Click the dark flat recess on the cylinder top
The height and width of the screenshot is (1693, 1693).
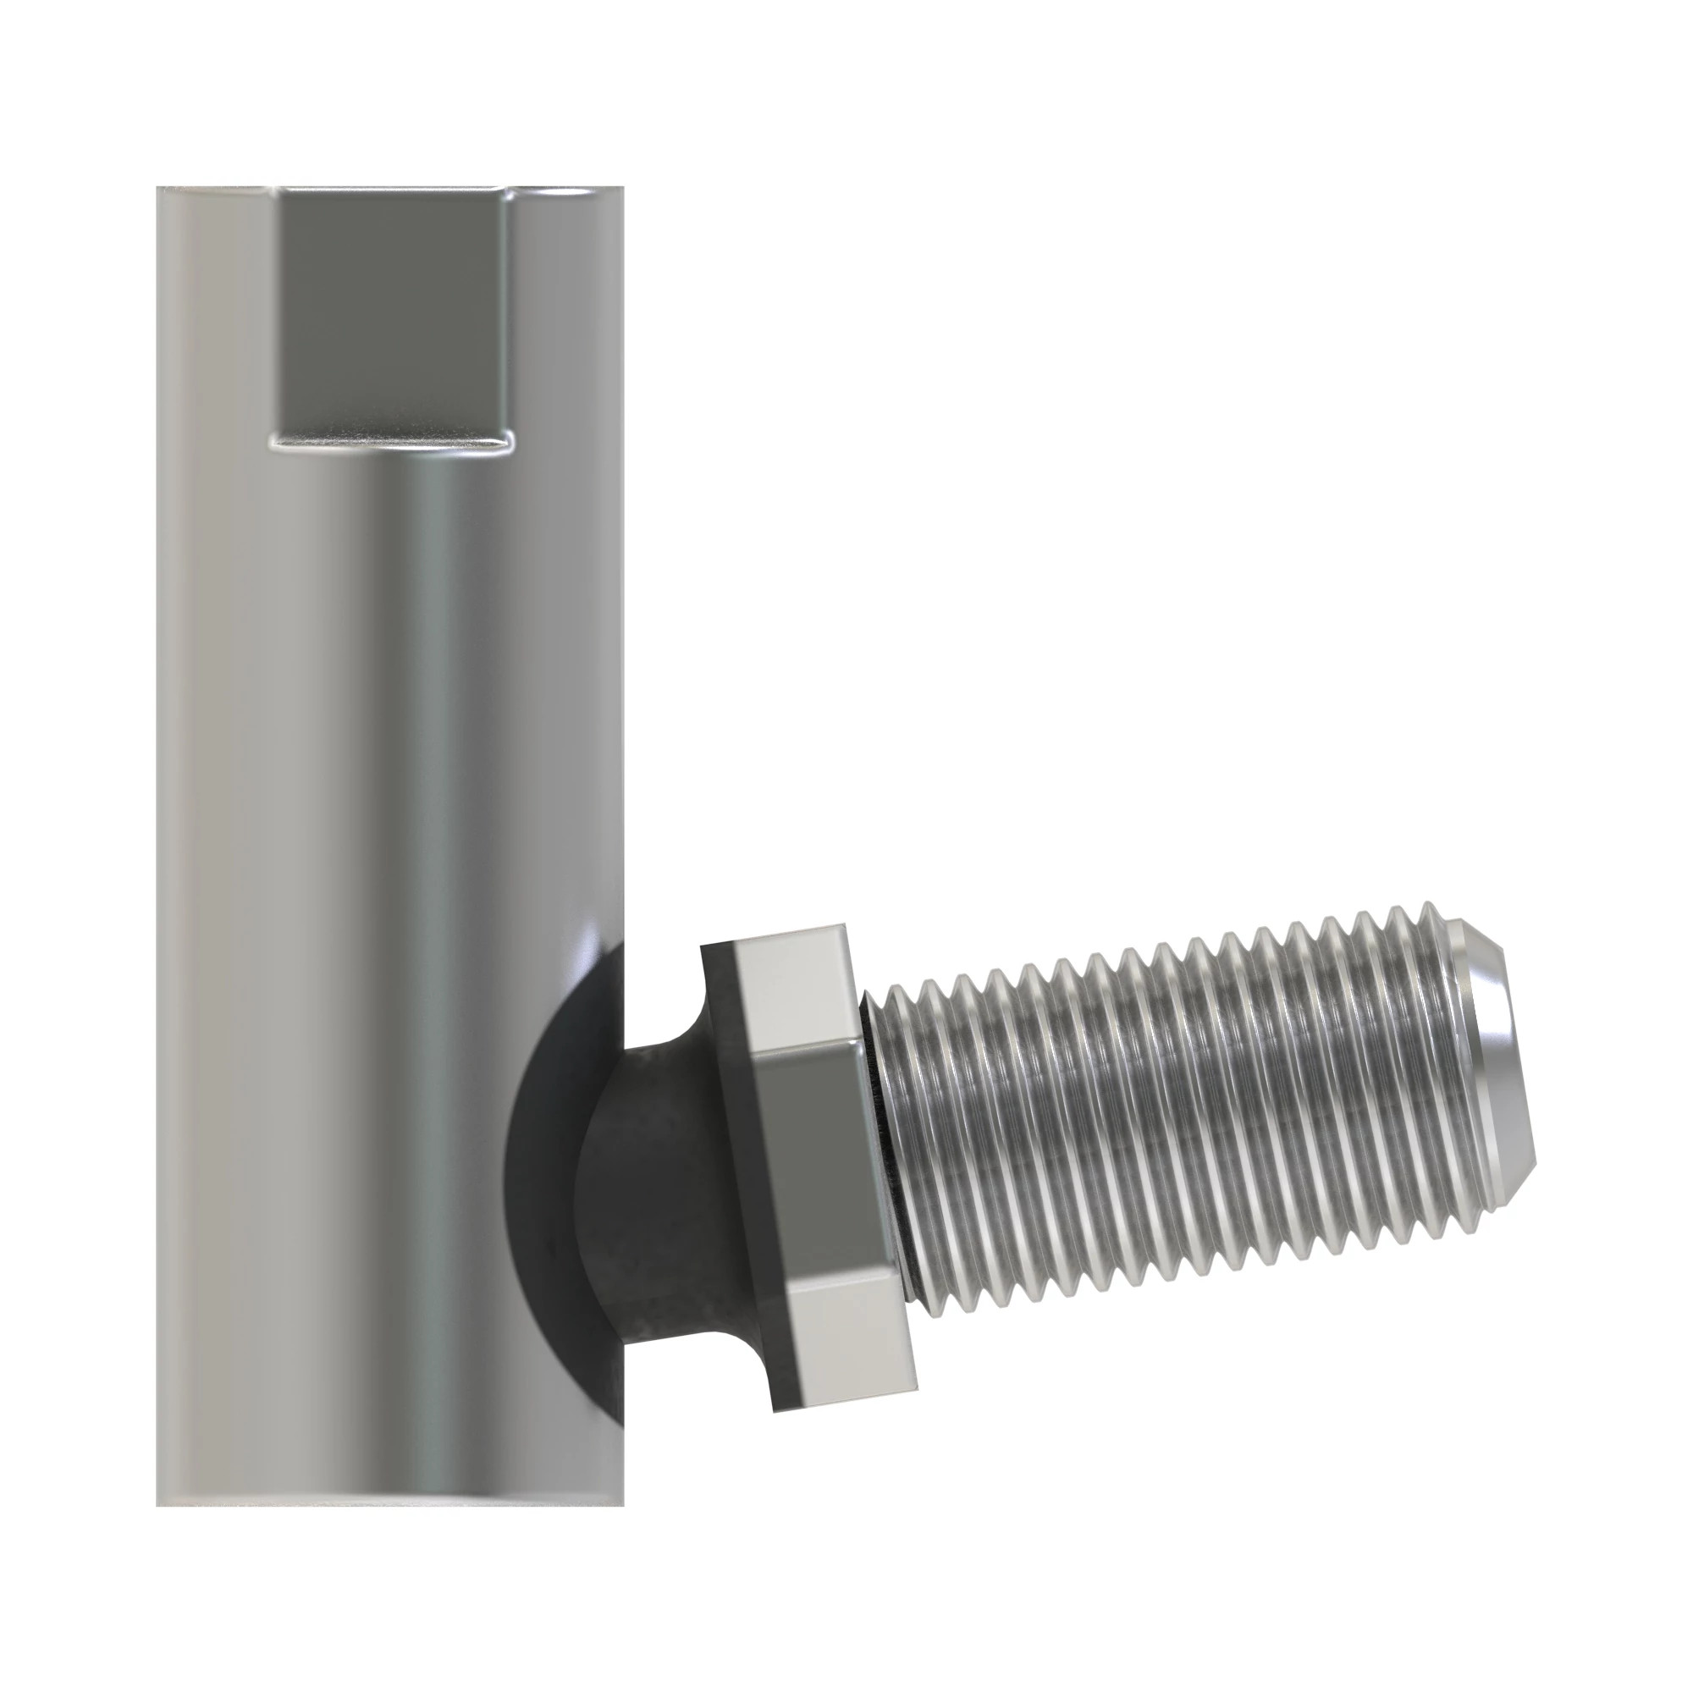[393, 316]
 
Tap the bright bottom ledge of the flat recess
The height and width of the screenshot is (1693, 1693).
[391, 442]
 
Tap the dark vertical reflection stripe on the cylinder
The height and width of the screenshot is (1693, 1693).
[438, 876]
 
